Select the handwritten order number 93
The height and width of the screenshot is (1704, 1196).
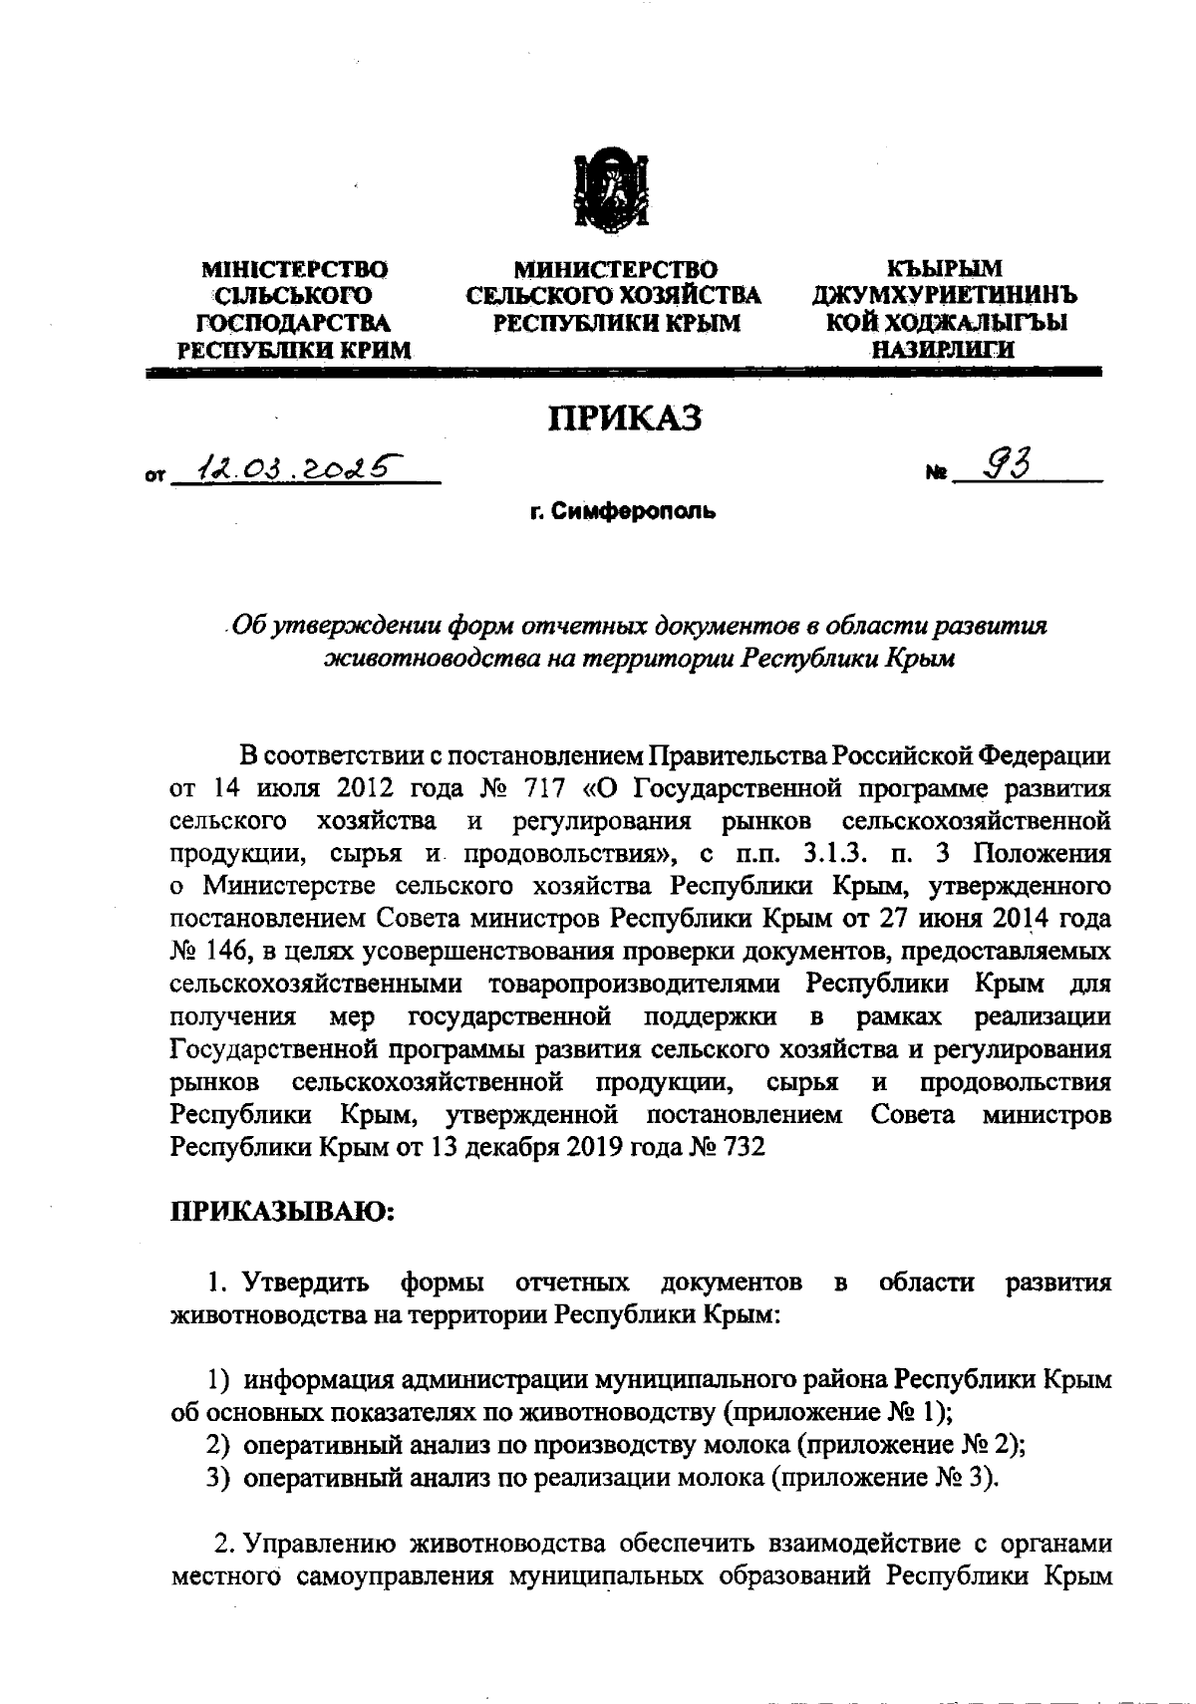[x=1006, y=463]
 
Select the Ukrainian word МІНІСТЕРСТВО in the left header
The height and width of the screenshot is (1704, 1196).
[x=295, y=269]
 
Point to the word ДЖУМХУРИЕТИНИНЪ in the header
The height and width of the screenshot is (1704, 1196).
[x=944, y=296]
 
